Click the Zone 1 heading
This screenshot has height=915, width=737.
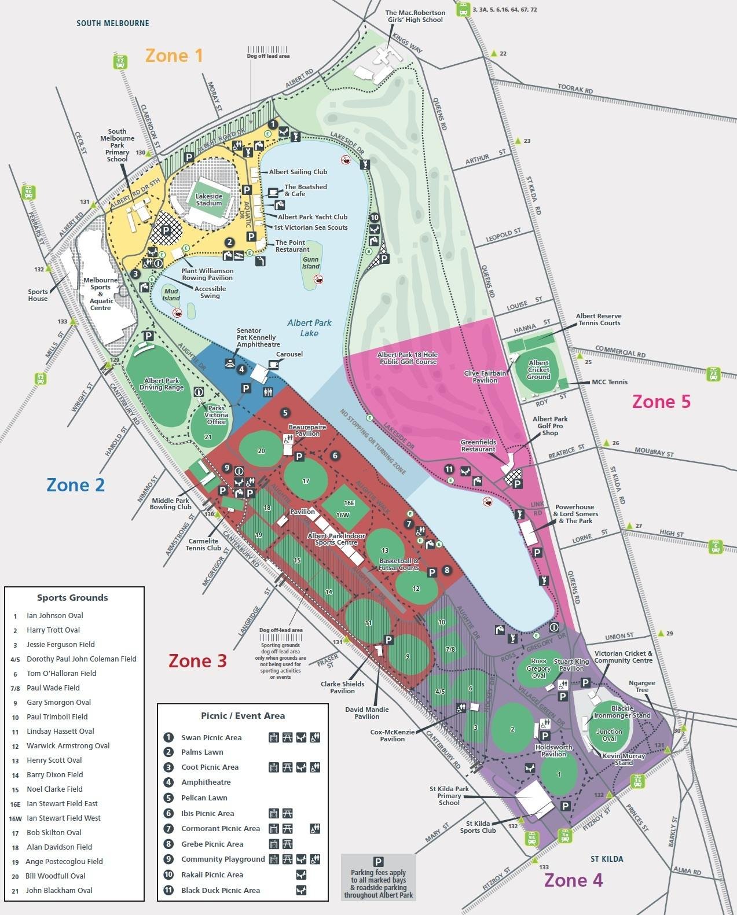[174, 56]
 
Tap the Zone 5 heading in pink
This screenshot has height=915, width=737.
[661, 402]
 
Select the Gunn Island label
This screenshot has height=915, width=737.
[310, 263]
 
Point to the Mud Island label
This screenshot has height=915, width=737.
[171, 295]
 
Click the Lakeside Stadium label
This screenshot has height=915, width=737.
[208, 200]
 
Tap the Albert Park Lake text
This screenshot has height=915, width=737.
[309, 328]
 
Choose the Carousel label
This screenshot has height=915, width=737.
[289, 354]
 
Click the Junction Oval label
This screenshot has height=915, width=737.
[609, 734]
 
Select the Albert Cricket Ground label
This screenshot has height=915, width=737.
[538, 370]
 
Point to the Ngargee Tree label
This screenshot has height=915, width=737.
[641, 686]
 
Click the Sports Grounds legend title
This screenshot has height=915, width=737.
[72, 597]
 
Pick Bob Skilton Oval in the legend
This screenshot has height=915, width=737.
[54, 832]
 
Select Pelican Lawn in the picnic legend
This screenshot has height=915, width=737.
[204, 798]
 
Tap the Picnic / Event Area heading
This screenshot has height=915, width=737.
[243, 715]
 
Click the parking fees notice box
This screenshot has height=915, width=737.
[378, 877]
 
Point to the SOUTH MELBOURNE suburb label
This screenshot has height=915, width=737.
[113, 23]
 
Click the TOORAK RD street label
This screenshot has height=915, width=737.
[575, 90]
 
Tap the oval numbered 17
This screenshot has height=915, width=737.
[306, 480]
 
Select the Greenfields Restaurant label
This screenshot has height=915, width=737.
[478, 445]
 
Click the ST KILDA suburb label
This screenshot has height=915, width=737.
[607, 859]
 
